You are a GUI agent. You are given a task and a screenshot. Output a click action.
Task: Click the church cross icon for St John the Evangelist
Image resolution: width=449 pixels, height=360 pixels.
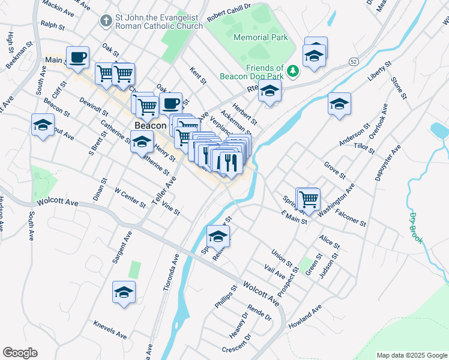click(x=106, y=22)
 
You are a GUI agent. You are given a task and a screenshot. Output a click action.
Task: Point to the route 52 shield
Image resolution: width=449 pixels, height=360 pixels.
click(x=354, y=62)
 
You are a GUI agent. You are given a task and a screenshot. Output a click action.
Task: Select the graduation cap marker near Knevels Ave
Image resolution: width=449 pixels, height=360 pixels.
click(x=124, y=292)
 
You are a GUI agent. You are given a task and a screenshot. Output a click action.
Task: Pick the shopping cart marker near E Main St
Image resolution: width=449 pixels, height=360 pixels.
click(x=309, y=198)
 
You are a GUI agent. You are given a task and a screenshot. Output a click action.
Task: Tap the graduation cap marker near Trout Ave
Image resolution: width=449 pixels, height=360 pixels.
click(x=43, y=125)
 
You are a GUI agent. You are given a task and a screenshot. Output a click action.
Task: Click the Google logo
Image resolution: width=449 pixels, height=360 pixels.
click(x=20, y=353)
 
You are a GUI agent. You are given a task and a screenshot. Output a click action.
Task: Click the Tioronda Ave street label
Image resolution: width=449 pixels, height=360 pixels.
click(x=171, y=271)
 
